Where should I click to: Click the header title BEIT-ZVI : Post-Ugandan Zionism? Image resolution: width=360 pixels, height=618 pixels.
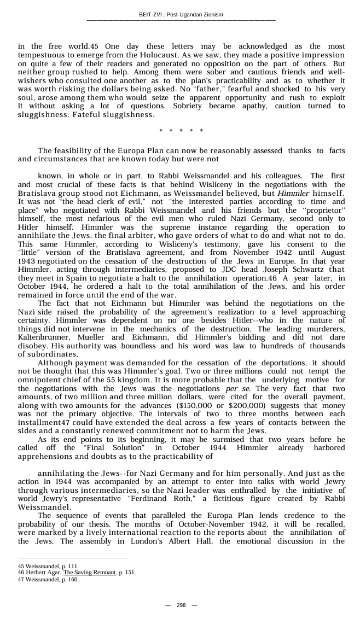pyautogui.click(x=181, y=14)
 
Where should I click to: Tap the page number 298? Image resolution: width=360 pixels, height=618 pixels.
pyautogui.click(x=181, y=605)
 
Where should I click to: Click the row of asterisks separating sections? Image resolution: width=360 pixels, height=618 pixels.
pyautogui.click(x=181, y=131)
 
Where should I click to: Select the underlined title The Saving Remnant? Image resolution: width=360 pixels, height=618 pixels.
pyautogui.click(x=89, y=573)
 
